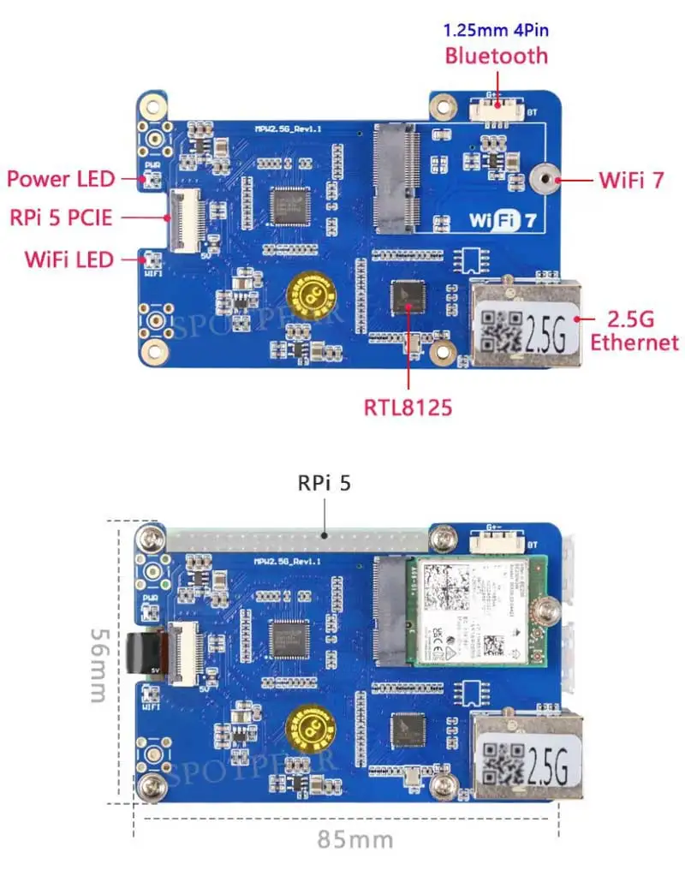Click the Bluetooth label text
tap(496, 56)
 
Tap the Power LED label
tap(61, 178)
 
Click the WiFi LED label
tap(69, 258)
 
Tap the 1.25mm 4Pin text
tap(496, 31)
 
